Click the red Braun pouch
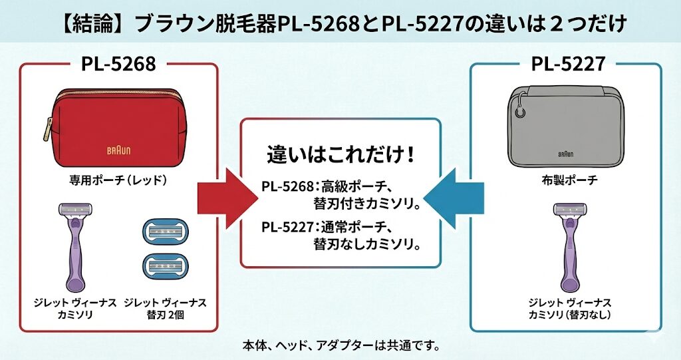118,130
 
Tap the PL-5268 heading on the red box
118,65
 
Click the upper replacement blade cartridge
164,231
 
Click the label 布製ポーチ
567,180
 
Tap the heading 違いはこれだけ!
340,154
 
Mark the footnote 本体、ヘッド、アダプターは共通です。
341,346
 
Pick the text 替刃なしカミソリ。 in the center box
368,244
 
